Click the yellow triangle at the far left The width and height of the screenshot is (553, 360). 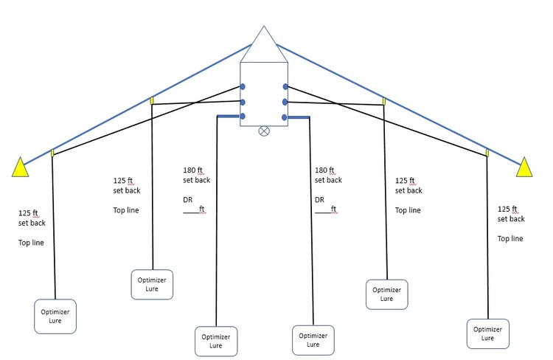coord(20,167)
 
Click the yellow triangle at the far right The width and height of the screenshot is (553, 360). coord(524,167)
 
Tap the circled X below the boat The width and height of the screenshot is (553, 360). coord(264,131)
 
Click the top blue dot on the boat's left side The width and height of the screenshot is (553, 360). coord(243,86)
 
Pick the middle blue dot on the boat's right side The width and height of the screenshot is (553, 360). coord(285,103)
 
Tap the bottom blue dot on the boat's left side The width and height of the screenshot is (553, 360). coord(243,116)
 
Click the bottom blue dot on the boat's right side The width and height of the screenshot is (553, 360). coord(285,117)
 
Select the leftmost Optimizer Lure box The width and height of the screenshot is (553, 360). coord(55,316)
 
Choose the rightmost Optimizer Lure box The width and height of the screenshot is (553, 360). coord(488,333)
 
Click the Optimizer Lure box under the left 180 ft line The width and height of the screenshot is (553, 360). coord(216,341)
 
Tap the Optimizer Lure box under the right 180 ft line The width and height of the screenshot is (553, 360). coord(313,340)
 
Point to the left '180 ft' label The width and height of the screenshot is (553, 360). coord(193,170)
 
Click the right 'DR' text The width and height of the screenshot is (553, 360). coord(319,200)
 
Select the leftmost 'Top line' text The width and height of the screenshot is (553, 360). coord(31,243)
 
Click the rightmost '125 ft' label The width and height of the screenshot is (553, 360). coord(507,209)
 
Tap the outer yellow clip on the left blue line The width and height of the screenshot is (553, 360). coord(52,153)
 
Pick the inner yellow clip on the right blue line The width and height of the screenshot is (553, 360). coord(383,102)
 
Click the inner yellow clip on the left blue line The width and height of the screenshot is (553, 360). coord(152,100)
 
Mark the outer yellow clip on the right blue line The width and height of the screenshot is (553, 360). coord(487,153)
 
